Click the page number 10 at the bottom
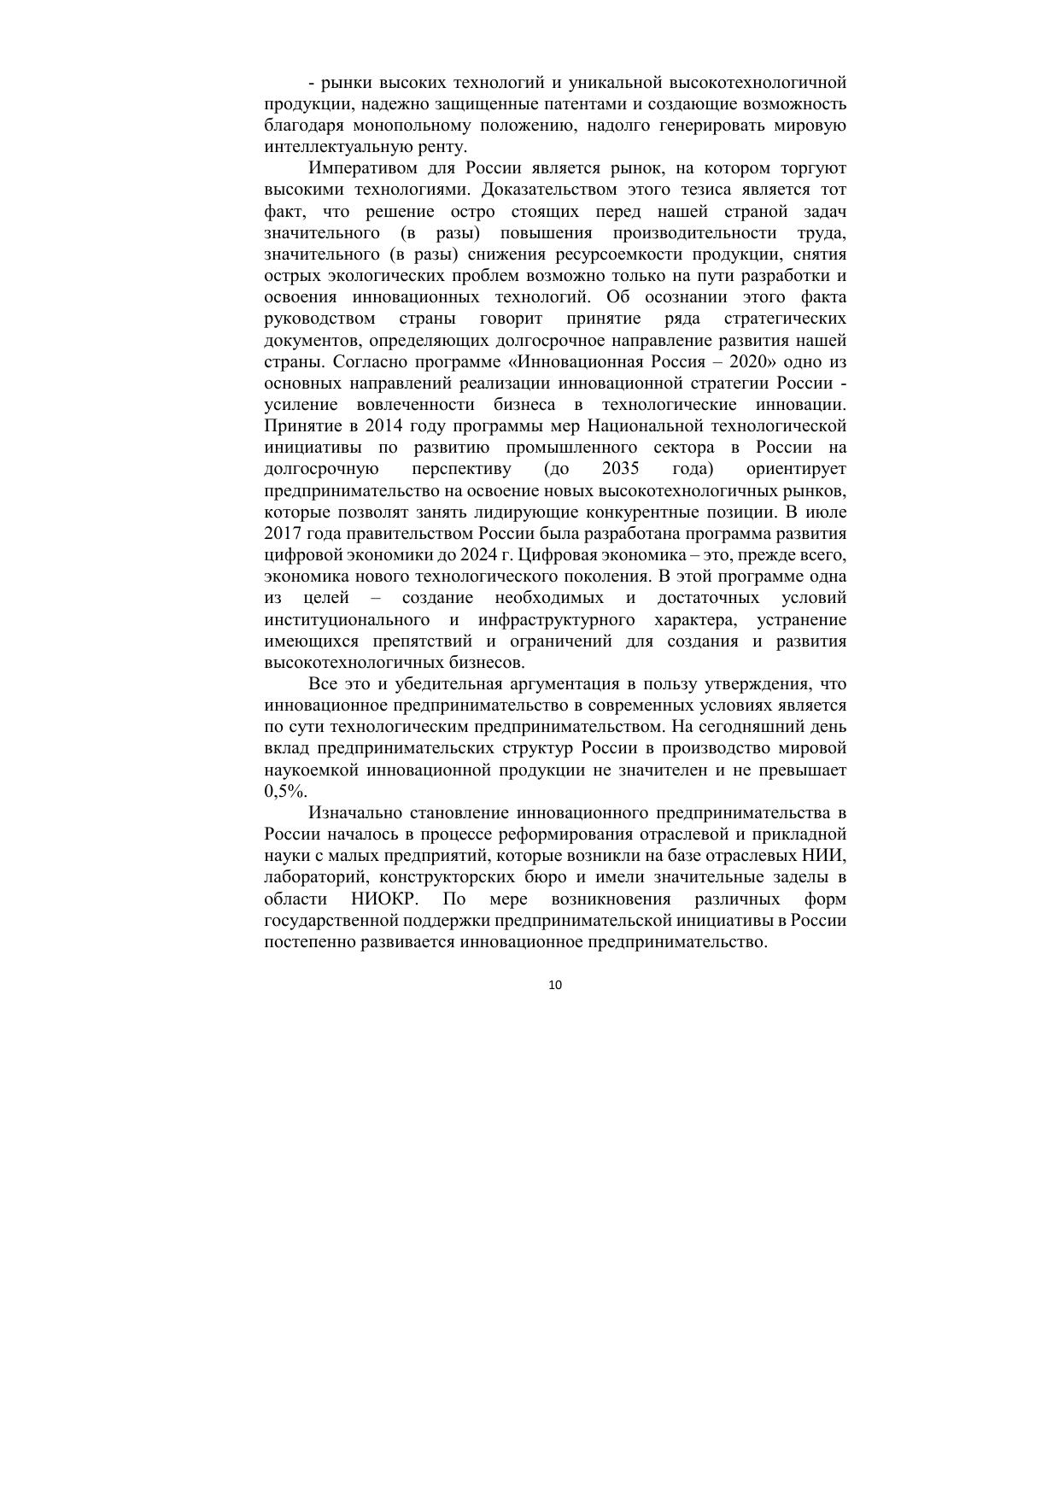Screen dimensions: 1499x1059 click(555, 985)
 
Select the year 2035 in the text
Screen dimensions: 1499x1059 click(620, 469)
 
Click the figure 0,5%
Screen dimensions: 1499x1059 click(285, 792)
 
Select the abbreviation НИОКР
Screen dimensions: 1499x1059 click(384, 899)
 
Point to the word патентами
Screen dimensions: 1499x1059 click(562, 104)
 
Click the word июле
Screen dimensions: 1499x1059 click(825, 512)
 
